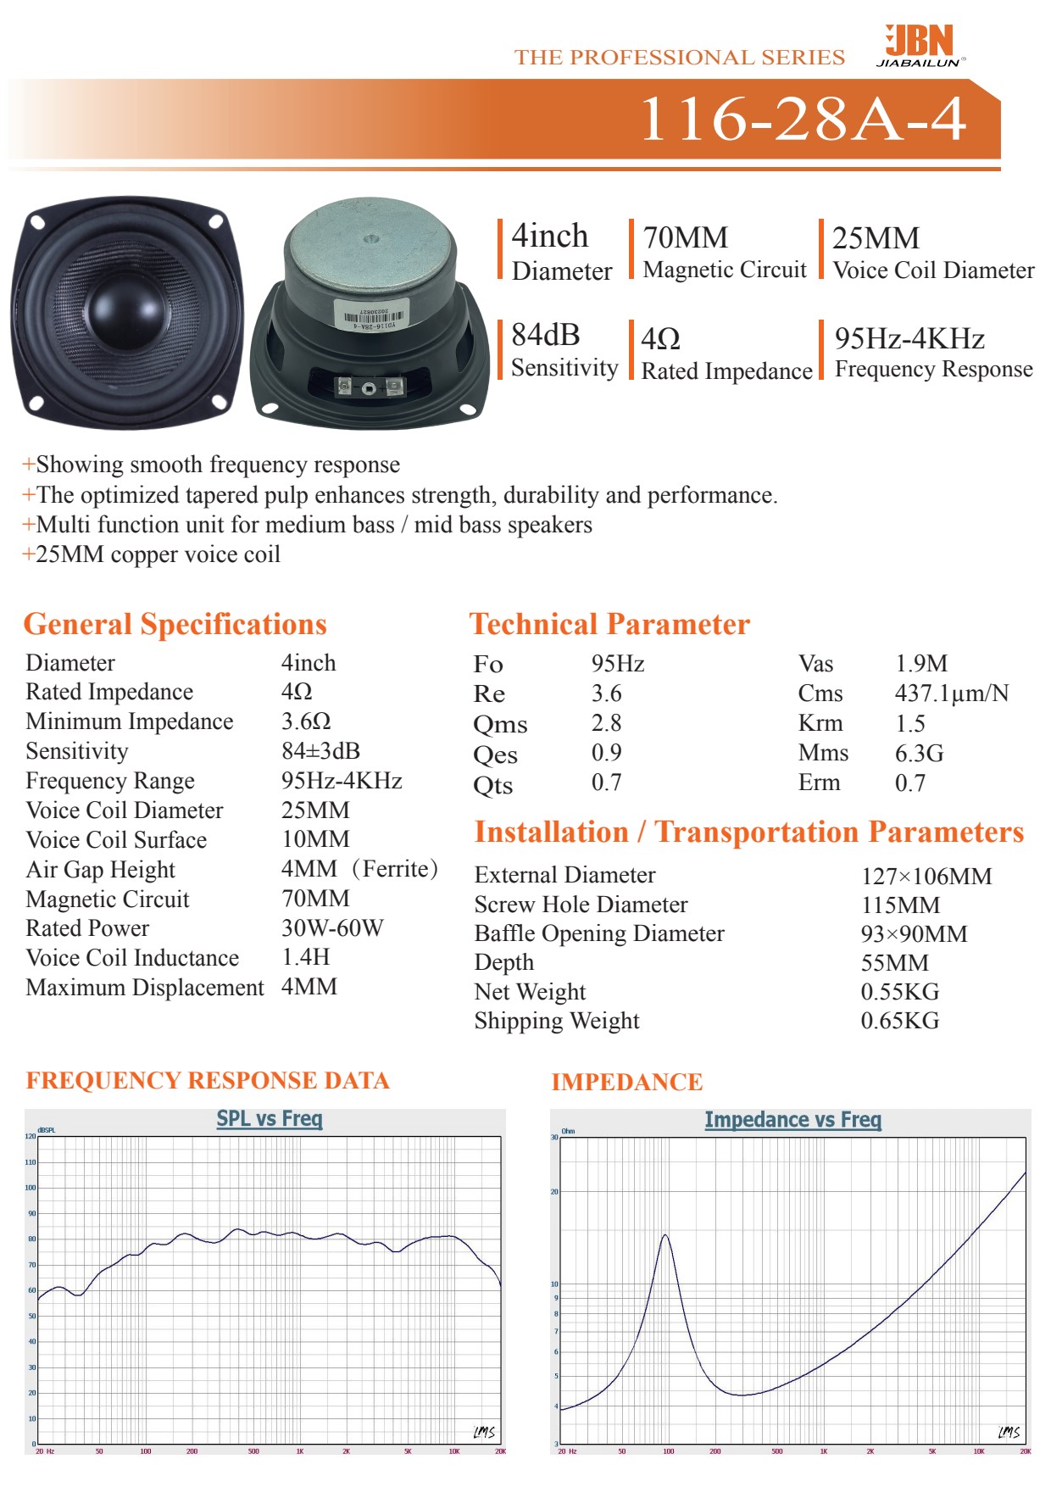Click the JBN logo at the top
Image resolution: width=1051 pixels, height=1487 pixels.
pyautogui.click(x=920, y=44)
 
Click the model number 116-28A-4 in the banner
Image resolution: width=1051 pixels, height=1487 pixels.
pyautogui.click(x=802, y=119)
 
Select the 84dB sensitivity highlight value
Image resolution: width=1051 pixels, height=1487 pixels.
pyautogui.click(x=545, y=336)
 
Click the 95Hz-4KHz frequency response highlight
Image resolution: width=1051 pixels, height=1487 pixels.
pyautogui.click(x=909, y=339)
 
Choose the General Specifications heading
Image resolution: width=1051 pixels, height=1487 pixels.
pyautogui.click(x=175, y=625)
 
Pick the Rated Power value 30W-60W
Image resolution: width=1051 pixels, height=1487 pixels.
pyautogui.click(x=332, y=928)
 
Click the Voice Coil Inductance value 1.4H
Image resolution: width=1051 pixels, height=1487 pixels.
pyautogui.click(x=305, y=957)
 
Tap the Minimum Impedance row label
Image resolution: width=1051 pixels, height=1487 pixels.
pyautogui.click(x=130, y=721)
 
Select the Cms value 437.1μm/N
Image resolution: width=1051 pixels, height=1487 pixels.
pyautogui.click(x=951, y=693)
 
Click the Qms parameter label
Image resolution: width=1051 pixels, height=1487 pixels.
pyautogui.click(x=500, y=725)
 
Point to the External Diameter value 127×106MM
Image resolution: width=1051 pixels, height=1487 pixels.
pyautogui.click(x=926, y=876)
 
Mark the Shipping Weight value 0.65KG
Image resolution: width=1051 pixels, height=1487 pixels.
pyautogui.click(x=899, y=1021)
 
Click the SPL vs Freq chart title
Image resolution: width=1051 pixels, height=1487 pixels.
pyautogui.click(x=270, y=1118)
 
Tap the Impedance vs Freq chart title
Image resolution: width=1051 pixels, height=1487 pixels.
pyautogui.click(x=792, y=1120)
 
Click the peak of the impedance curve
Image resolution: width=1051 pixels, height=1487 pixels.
pyautogui.click(x=665, y=1235)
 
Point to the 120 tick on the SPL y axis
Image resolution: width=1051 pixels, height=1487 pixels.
pyautogui.click(x=31, y=1136)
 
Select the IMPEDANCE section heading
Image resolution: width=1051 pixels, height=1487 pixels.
pyautogui.click(x=626, y=1083)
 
